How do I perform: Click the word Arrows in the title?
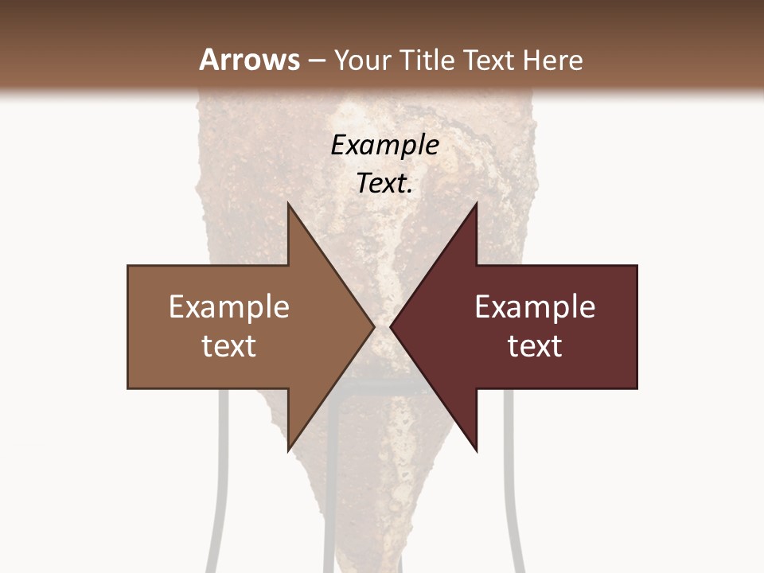tap(249, 60)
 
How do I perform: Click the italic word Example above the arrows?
tap(384, 145)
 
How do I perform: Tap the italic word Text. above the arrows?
tap(384, 183)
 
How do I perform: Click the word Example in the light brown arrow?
tap(228, 306)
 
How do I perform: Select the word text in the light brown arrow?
tap(228, 346)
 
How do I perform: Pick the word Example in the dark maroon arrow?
tap(535, 306)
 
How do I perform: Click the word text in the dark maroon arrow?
tap(535, 346)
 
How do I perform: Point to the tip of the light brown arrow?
tap(372, 327)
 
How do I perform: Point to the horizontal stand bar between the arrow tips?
tap(382, 388)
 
